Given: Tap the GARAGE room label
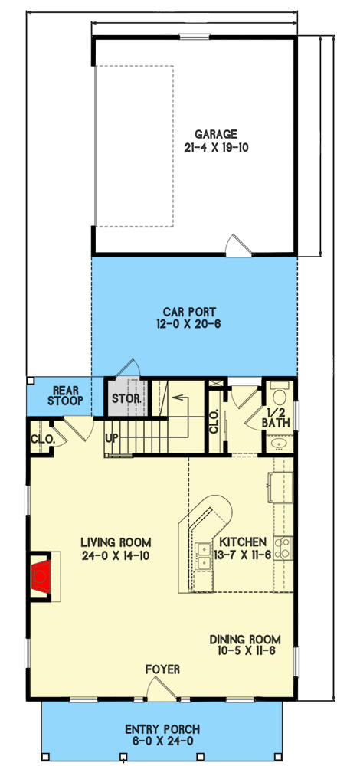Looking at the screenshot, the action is click(x=216, y=134).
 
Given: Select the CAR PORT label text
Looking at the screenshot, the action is click(x=189, y=311).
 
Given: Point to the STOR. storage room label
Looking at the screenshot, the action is click(x=126, y=398).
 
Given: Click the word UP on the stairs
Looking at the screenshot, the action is click(x=112, y=437).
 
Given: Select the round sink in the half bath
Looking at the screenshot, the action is click(x=279, y=444).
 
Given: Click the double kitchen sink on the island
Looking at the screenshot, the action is click(x=203, y=556).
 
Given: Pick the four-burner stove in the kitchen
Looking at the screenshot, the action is click(x=283, y=548).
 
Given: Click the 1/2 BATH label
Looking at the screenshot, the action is click(x=278, y=417).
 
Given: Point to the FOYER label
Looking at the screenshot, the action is click(x=162, y=669).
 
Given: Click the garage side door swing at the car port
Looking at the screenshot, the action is click(x=238, y=245).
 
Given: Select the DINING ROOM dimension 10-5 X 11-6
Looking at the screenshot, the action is click(x=245, y=650).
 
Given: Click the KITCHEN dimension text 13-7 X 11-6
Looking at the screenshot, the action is click(x=242, y=555).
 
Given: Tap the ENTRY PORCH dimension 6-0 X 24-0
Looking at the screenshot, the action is click(x=162, y=741).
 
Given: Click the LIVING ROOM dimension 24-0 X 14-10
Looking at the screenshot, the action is click(x=116, y=555).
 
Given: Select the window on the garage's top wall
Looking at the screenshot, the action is click(x=195, y=36).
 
